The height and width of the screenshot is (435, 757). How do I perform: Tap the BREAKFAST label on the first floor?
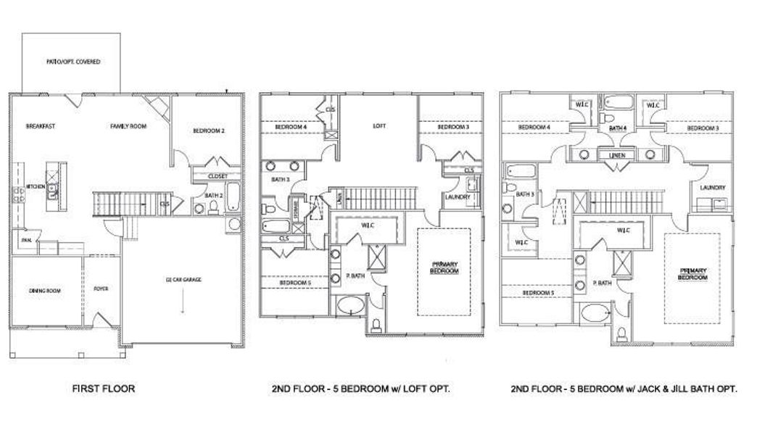pos(41,126)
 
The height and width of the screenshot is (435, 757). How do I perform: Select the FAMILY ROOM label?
pos(128,126)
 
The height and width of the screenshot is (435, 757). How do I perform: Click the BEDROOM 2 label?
pos(208,131)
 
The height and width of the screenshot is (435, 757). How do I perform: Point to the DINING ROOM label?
pos(45,291)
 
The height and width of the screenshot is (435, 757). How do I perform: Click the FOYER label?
pos(101,289)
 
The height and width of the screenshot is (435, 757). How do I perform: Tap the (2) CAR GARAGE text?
pos(183,278)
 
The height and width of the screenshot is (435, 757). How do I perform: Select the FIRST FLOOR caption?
pos(104,389)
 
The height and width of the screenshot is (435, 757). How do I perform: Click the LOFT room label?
pos(378,126)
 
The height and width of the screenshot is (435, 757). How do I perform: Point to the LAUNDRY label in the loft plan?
pos(458,196)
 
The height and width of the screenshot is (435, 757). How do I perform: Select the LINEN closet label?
pos(617,154)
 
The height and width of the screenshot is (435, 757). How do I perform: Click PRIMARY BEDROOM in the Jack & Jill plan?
pos(692,273)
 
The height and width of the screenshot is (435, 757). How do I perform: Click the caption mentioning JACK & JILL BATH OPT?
pos(624,389)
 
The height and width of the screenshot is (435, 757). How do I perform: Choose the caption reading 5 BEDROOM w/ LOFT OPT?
pos(361,389)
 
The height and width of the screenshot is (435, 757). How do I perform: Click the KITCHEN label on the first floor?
pos(36,186)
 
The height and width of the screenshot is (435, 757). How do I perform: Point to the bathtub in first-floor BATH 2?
pos(232,196)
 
